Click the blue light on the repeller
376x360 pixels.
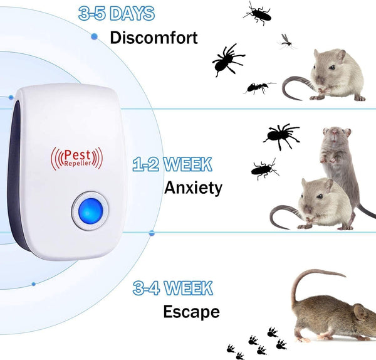[x=90, y=211]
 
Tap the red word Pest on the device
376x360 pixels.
[x=77, y=155]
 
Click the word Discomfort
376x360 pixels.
[x=154, y=38]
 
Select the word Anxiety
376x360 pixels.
[x=193, y=188]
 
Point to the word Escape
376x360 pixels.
[x=191, y=312]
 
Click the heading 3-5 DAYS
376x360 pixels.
[x=117, y=13]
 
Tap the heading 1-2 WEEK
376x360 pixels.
[x=172, y=164]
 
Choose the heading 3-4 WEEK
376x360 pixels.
[x=173, y=288]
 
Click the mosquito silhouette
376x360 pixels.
[x=286, y=42]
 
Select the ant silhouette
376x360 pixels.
[x=259, y=87]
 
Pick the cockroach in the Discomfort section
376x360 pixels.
[x=258, y=13]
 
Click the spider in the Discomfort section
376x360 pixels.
[x=227, y=60]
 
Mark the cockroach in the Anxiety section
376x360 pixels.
[x=264, y=169]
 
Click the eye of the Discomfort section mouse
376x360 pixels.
[x=332, y=67]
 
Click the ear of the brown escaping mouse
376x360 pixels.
[x=360, y=312]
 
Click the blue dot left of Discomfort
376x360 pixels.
[x=95, y=36]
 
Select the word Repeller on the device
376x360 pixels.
[x=78, y=164]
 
